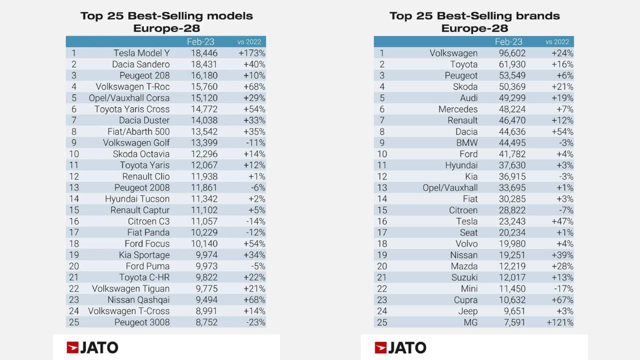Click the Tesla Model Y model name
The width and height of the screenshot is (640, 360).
141,53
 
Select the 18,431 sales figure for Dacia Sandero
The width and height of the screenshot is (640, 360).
204,64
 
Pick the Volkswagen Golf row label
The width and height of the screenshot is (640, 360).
136,143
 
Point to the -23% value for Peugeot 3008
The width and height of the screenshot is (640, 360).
255,322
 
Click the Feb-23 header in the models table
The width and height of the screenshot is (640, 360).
200,42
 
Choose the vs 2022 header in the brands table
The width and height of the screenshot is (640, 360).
557,42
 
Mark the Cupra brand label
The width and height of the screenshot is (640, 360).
465,300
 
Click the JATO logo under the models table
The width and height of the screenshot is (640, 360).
92,347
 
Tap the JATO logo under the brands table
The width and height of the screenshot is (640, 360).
400,347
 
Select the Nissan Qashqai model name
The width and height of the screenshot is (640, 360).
138,300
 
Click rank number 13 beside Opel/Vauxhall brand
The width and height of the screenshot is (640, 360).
382,188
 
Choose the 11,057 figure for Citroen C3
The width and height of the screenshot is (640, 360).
204,221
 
